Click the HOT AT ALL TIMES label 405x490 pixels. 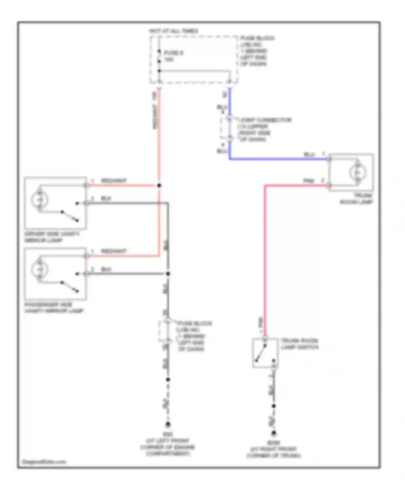coord(173,31)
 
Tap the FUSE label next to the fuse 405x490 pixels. coord(173,53)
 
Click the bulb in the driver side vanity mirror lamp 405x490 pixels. coord(39,200)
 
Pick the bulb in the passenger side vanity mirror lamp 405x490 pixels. coord(39,269)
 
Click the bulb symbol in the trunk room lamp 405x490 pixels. coord(357,172)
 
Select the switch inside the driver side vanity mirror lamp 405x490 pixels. coord(70,216)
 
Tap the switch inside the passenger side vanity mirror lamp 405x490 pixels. coord(70,287)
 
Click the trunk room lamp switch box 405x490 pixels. coord(265,353)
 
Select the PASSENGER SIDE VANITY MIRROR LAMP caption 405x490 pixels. coord(53,308)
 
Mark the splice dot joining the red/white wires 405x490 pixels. coord(159,185)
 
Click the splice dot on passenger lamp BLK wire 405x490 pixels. coord(168,274)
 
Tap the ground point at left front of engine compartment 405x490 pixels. coord(168,424)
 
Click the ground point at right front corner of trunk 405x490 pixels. coord(274,433)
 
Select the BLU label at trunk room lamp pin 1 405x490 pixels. coord(309,154)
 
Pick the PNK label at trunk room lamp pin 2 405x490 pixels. coord(309,180)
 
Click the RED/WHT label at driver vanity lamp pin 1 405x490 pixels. coord(113,180)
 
